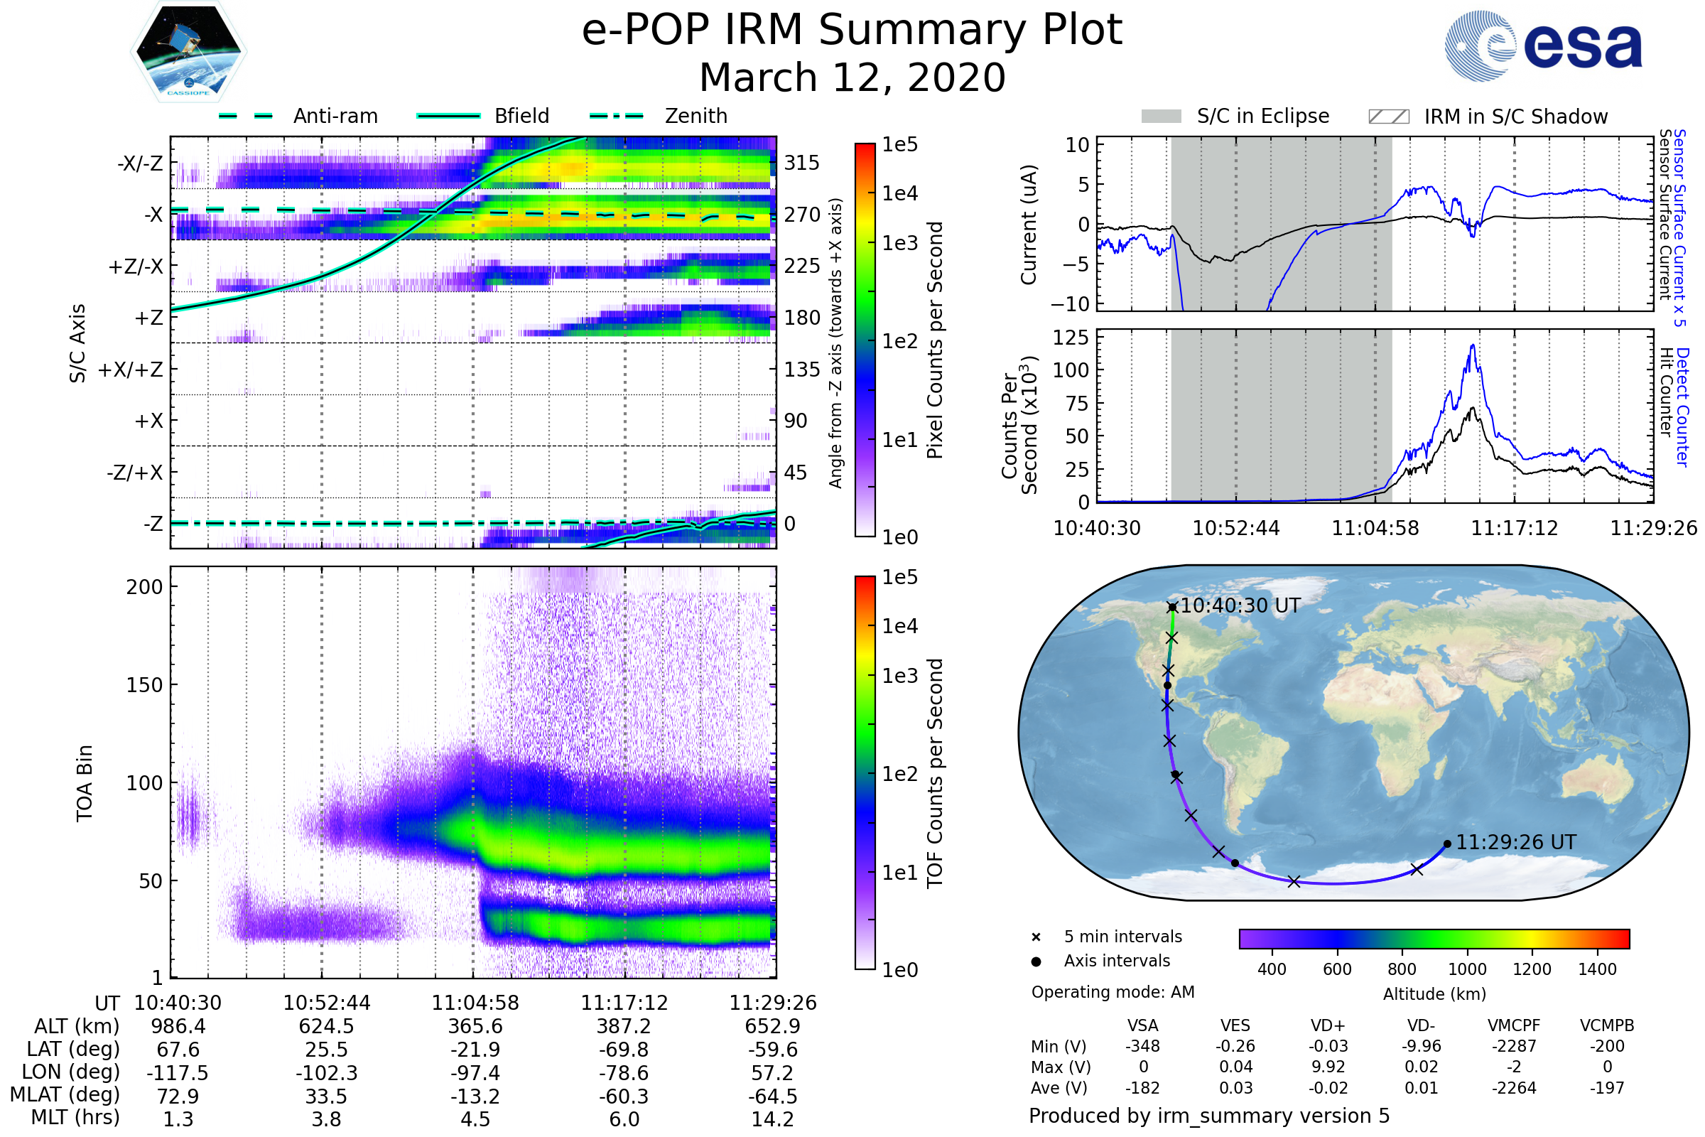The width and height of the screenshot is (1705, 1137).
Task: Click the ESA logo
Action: pos(1542,45)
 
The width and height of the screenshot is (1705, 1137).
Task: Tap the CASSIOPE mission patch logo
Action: pos(188,50)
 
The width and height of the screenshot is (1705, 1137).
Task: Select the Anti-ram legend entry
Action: pos(298,116)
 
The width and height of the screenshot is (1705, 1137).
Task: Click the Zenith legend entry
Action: pos(659,116)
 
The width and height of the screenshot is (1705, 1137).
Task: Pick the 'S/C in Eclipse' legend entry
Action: pos(1235,116)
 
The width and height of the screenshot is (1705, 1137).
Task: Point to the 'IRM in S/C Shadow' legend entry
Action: pos(1488,117)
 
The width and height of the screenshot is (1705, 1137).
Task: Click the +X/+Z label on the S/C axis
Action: pos(131,370)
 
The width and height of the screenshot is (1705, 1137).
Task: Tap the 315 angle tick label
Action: pos(802,163)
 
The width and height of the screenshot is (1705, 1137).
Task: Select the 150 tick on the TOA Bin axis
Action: pos(144,685)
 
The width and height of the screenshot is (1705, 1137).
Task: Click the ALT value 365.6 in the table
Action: pos(475,1027)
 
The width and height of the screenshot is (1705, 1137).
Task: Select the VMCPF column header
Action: pos(1514,1025)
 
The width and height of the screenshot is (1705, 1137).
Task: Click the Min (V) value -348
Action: pos(1142,1046)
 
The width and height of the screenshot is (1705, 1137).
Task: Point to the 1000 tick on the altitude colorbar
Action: pos(1466,969)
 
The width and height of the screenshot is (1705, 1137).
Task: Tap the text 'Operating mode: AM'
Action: pos(1113,992)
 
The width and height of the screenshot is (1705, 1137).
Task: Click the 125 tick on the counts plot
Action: pos(1071,337)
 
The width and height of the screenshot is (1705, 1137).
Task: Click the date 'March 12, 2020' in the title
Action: pos(852,77)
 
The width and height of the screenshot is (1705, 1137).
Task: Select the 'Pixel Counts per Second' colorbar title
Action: pos(935,340)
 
